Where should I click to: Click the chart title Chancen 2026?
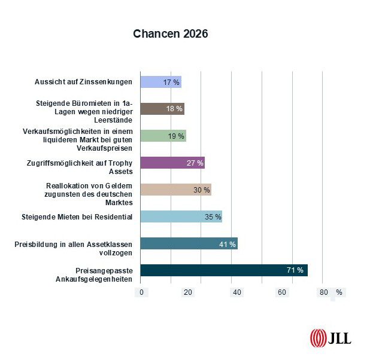(x=171, y=34)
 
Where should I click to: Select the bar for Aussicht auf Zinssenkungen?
(x=160, y=82)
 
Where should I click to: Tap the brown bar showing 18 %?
(x=162, y=109)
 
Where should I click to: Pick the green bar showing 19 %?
(x=163, y=136)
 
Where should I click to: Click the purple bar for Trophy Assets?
(x=172, y=163)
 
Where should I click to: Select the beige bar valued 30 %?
(x=175, y=190)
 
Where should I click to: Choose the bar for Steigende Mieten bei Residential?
(x=181, y=216)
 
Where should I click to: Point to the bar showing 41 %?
(x=189, y=243)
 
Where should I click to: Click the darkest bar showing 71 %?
(x=223, y=270)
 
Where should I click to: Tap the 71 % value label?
(x=295, y=271)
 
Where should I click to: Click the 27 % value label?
(x=195, y=163)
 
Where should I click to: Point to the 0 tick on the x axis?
(x=142, y=292)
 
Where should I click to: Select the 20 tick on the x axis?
(x=188, y=292)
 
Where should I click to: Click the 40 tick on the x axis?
(x=237, y=292)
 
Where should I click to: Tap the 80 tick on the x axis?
(x=324, y=292)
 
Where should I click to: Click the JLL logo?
(x=330, y=338)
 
